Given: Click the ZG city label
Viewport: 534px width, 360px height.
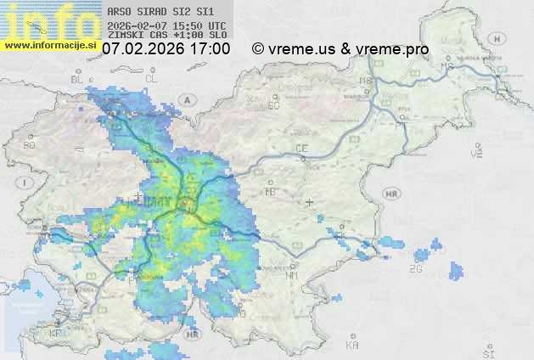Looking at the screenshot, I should coord(415,269).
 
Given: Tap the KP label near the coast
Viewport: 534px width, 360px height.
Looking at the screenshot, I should coord(56,334).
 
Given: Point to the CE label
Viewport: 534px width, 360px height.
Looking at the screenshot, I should coord(301,149).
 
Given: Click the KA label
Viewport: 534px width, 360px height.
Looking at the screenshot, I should coord(352,346).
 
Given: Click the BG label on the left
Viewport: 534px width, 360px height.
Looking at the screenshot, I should coord(30,145).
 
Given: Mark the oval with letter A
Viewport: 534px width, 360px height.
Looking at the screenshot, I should coord(189,99).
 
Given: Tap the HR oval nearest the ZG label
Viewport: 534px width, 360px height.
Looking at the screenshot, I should coord(391,194).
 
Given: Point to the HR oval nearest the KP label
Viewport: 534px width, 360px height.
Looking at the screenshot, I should coord(194,335).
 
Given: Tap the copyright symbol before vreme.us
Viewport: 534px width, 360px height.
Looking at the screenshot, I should coord(258,49).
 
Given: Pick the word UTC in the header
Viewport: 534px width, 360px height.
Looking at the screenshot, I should coord(216,25).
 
